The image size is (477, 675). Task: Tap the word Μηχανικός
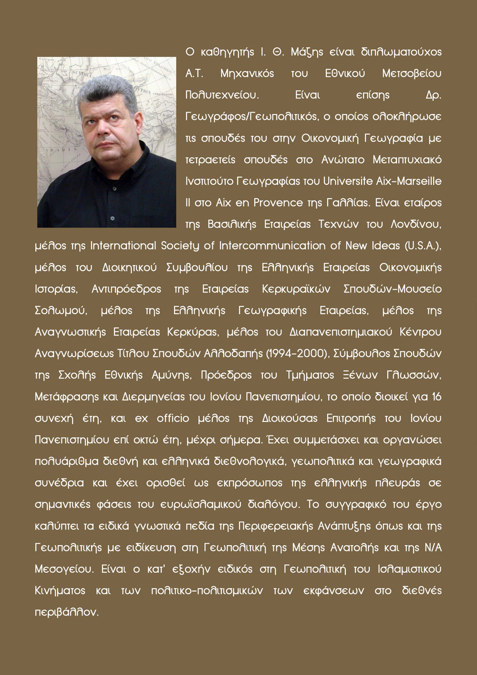click(247, 74)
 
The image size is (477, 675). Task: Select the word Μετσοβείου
click(412, 74)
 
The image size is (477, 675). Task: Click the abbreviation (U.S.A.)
click(423, 246)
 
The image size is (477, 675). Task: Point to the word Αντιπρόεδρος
click(126, 289)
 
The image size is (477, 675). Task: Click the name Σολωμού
click(61, 311)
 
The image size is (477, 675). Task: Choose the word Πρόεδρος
click(226, 375)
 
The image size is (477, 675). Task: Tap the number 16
click(436, 397)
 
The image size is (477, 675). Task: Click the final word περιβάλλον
click(66, 612)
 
